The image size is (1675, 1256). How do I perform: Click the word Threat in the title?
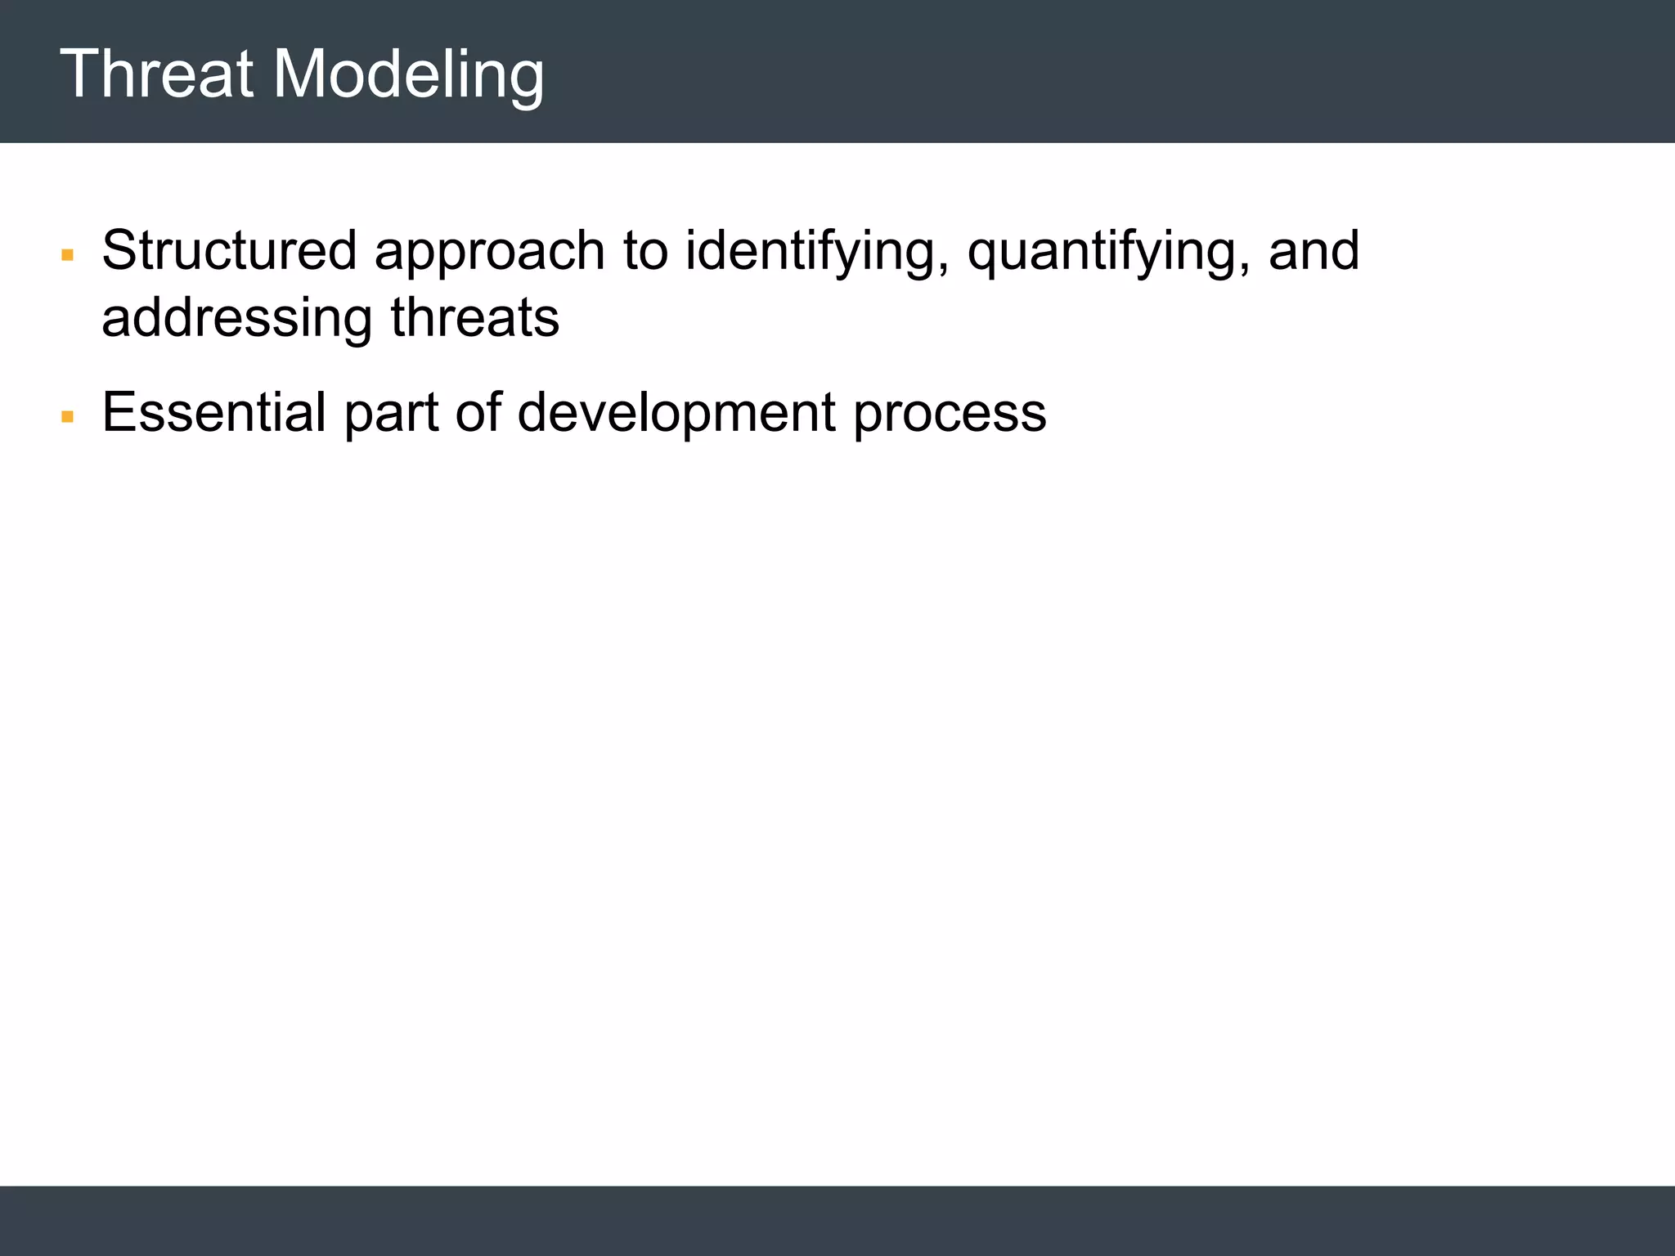click(156, 74)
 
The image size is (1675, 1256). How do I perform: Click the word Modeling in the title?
click(408, 74)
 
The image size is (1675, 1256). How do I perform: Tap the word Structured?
click(229, 250)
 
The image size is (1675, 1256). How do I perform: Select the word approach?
click(489, 252)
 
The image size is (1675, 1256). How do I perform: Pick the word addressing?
click(237, 319)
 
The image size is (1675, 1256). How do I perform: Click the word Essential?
click(213, 412)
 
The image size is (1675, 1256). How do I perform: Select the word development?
click(676, 414)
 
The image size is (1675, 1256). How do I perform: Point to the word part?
click(391, 414)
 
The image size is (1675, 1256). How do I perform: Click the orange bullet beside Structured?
click(68, 256)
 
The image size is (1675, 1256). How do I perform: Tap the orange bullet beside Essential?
click(68, 418)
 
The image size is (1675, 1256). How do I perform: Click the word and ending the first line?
click(1314, 250)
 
